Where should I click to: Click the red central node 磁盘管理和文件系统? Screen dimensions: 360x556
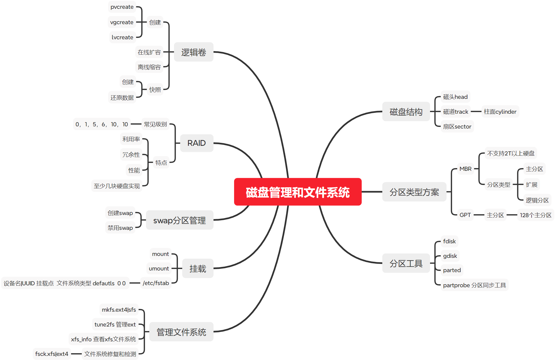pos(297,192)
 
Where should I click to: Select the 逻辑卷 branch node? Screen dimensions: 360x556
pos(193,52)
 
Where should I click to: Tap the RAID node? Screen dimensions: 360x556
pos(196,143)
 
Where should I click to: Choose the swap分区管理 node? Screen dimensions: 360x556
pos(179,220)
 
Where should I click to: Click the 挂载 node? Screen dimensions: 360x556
pos(198,269)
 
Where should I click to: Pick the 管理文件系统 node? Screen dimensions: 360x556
pos(181,332)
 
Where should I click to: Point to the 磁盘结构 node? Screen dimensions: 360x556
pos(406,112)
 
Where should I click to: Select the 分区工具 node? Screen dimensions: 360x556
pos(406,263)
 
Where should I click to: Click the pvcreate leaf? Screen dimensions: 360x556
pos(122,7)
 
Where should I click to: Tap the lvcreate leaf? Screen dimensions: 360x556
pos(122,37)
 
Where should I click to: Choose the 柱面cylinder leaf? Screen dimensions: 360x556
pos(500,112)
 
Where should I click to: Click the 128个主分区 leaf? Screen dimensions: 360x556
pos(535,215)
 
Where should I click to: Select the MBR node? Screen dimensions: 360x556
pos(465,169)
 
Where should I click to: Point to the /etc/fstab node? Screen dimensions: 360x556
pos(156,283)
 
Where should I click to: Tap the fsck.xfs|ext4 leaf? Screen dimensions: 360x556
pos(52,354)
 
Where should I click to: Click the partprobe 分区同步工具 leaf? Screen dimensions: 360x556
pos(474,285)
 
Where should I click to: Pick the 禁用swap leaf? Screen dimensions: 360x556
pos(120,228)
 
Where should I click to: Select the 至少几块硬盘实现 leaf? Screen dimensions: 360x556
pos(117,186)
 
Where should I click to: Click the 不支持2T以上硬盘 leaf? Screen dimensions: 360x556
pos(511,153)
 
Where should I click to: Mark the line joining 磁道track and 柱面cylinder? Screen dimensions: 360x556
pos(476,112)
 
